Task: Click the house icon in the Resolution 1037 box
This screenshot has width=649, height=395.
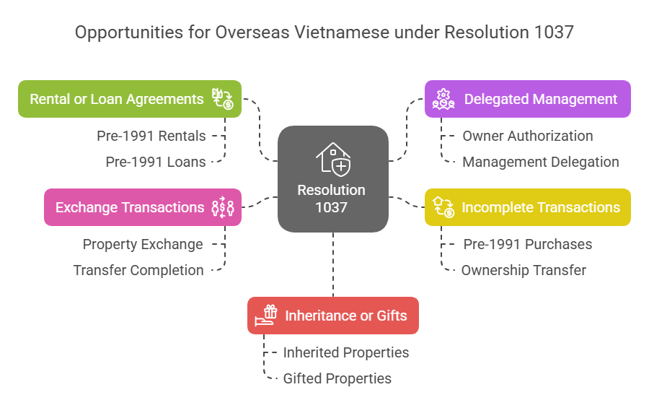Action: [333, 158]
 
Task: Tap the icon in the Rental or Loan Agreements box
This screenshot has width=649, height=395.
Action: [222, 99]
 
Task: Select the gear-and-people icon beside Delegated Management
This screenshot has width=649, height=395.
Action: [443, 99]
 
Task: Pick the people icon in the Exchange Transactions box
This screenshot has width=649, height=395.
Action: [222, 207]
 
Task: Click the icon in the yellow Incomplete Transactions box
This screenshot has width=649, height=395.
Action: [443, 207]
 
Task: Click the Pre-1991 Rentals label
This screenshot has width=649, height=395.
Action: [151, 136]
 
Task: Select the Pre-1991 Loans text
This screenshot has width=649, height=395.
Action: [156, 162]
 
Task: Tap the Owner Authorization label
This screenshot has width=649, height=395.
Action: [528, 136]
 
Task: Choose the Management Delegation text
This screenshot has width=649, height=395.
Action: [541, 162]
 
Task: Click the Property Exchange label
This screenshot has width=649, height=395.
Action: [143, 244]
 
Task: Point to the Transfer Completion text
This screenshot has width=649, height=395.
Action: [138, 270]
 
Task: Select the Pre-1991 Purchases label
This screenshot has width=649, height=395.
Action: [528, 244]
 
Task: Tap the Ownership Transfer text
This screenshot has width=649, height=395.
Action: [524, 270]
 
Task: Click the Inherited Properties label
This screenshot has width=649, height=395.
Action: [346, 352]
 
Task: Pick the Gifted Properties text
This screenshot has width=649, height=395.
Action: [337, 378]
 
